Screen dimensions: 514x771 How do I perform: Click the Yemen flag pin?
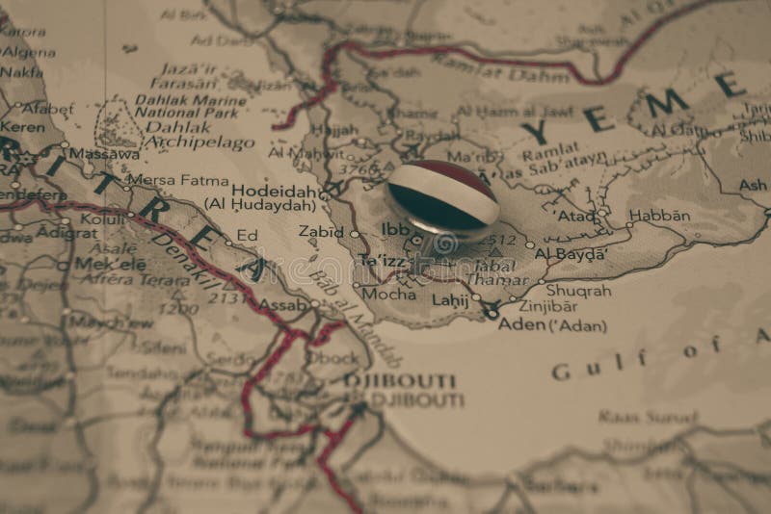(442, 198)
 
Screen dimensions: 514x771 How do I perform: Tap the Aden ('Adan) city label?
(552, 325)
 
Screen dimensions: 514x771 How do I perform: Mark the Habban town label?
(659, 216)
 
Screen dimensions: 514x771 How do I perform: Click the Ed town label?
(248, 234)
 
